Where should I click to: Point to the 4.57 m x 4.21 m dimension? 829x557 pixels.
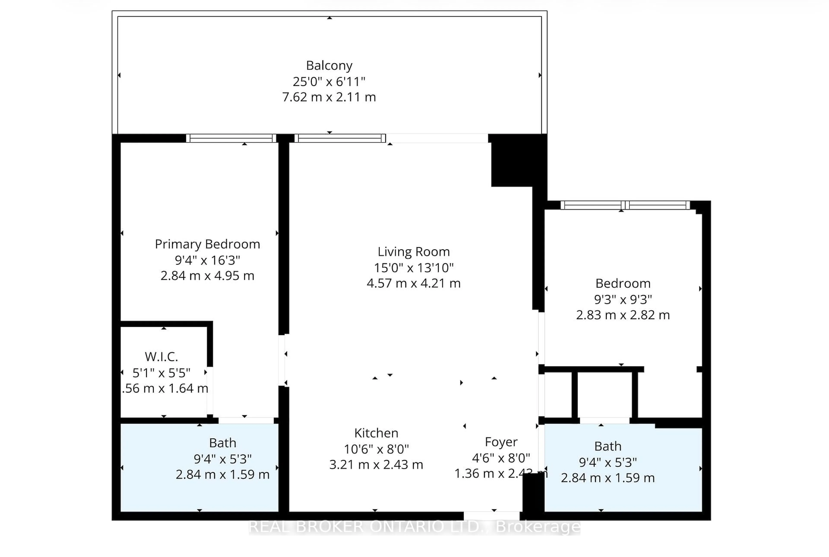pyautogui.click(x=413, y=283)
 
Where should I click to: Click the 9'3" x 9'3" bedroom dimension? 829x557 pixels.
pyautogui.click(x=623, y=299)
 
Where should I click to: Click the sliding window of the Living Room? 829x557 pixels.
pyautogui.click(x=340, y=138)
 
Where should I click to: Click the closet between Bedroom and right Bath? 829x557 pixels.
pyautogui.click(x=604, y=394)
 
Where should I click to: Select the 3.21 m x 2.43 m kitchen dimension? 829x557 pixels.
pyautogui.click(x=376, y=464)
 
